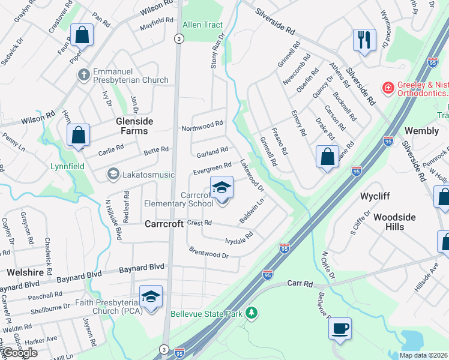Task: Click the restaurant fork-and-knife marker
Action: pyautogui.click(x=364, y=40)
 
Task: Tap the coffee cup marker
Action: pyautogui.click(x=340, y=328)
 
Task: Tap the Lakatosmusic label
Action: pyautogui.click(x=148, y=175)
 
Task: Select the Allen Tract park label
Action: pyautogui.click(x=202, y=25)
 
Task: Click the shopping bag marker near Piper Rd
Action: pyautogui.click(x=82, y=36)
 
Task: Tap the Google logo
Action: pyautogui.click(x=19, y=353)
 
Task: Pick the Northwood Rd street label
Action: pyautogui.click(x=202, y=126)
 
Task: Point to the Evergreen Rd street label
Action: pyautogui.click(x=212, y=169)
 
